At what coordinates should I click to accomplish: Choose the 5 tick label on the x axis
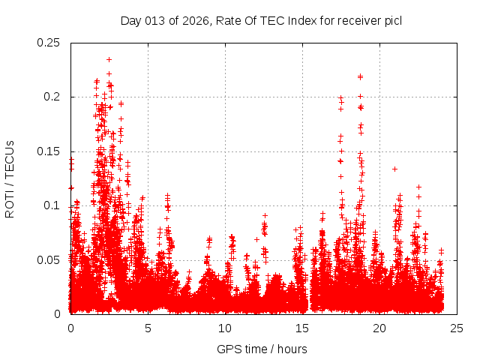tap(148, 328)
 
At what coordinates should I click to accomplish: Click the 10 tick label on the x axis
tap(225, 328)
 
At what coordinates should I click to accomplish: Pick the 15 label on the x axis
tap(302, 328)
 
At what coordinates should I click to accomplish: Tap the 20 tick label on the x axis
tap(379, 328)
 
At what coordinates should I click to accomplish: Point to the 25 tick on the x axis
tap(457, 328)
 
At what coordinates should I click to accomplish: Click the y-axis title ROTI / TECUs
tap(10, 178)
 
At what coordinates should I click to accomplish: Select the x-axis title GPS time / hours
tap(262, 349)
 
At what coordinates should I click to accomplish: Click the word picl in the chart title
tap(393, 20)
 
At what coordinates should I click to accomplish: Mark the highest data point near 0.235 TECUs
tap(109, 59)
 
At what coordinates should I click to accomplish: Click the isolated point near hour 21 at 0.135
tap(394, 169)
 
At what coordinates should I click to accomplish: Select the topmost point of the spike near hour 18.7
tap(360, 76)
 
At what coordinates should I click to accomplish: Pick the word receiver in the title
tap(358, 20)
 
